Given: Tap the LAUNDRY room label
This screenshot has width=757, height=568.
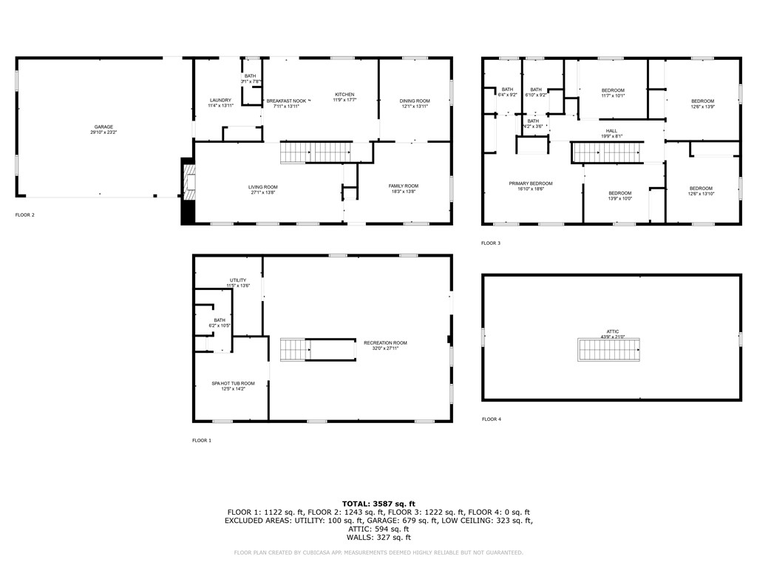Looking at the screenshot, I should [220, 101].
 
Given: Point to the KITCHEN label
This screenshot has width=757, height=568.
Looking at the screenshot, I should [344, 95].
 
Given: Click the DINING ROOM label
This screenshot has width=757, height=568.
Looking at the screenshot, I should [415, 101].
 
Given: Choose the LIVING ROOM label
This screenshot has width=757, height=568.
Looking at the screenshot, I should [263, 187].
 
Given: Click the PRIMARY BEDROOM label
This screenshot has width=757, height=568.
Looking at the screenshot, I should [530, 183].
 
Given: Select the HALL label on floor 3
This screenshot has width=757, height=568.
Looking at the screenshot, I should [611, 131].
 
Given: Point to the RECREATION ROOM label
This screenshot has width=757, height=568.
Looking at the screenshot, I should [385, 343].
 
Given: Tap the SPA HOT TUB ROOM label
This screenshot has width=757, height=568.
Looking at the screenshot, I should [233, 383].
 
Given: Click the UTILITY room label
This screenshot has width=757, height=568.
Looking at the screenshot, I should [238, 280].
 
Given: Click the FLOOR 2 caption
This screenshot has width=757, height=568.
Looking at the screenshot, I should [25, 215].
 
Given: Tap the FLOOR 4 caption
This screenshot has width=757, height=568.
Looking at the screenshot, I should [491, 419].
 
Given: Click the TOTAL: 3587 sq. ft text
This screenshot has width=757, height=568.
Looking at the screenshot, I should [378, 504].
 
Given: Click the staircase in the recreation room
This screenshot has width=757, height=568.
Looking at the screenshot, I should [293, 350].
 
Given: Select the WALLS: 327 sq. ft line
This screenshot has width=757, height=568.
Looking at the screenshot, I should [378, 538].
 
